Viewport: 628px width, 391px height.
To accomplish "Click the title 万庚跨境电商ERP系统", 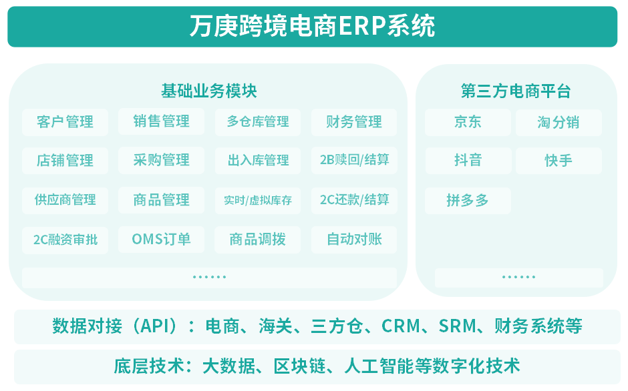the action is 312,26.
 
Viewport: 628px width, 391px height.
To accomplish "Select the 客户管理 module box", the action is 65,122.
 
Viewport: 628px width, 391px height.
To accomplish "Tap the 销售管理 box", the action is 161,121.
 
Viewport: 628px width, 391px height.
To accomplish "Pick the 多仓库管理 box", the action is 257,122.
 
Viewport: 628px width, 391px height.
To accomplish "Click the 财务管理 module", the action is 354,122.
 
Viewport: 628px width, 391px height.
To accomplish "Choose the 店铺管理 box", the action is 65,161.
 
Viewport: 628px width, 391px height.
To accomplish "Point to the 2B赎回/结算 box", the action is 354,160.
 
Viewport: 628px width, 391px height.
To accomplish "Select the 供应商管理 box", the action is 65,200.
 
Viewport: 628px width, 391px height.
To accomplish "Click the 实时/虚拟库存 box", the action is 257,200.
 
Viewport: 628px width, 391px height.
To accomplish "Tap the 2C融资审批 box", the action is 65,240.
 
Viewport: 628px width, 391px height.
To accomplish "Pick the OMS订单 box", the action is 161,240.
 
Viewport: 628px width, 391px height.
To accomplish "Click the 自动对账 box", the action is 354,240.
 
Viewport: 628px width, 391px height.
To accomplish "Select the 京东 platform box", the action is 468,122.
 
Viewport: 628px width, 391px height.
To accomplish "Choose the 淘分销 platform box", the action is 559,123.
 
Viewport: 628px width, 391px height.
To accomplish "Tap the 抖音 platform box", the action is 468,161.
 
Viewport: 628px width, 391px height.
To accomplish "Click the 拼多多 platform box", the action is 468,200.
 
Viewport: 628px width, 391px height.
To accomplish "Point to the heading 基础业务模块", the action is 208,91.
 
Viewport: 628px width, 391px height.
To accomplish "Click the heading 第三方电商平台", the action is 516,91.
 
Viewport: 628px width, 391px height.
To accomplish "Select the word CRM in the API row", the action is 401,326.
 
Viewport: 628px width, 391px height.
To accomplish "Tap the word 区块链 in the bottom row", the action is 300,366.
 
